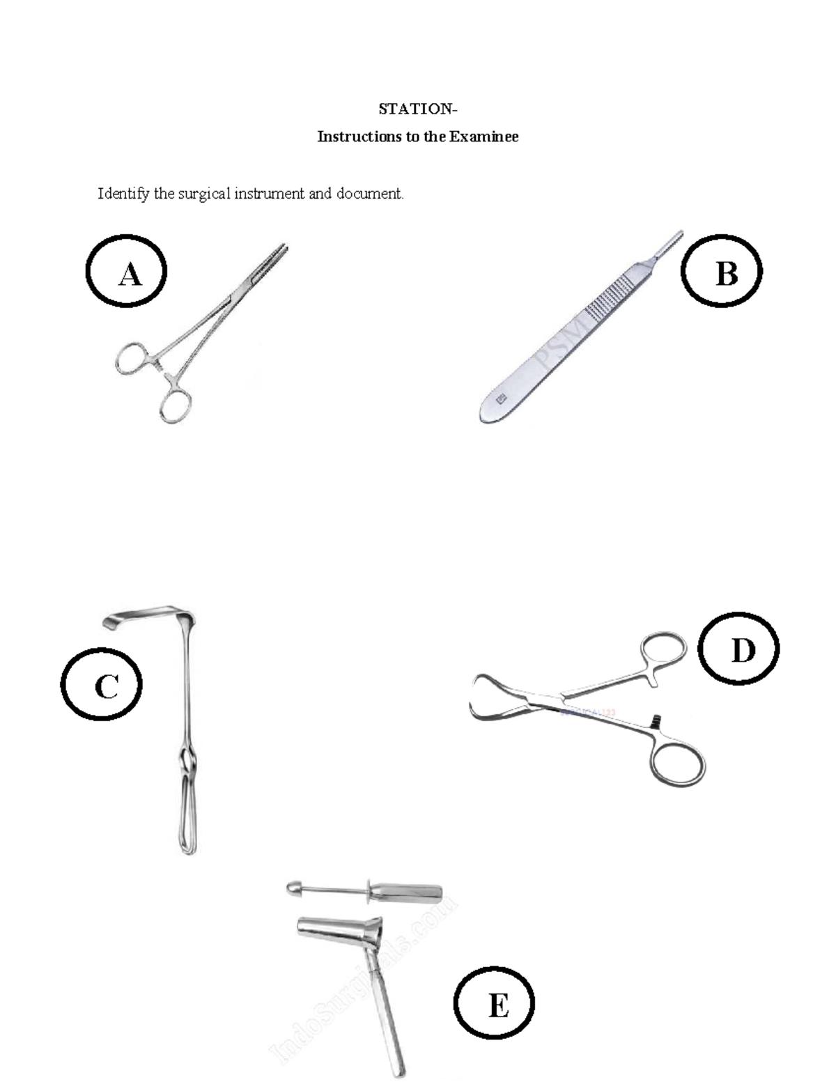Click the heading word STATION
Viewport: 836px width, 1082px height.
pos(416,109)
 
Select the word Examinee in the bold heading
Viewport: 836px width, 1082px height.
pos(483,137)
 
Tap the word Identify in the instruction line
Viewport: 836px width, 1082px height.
pos(123,194)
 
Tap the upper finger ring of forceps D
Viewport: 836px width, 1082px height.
pos(663,649)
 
